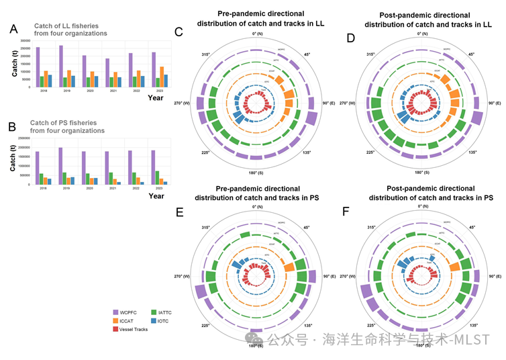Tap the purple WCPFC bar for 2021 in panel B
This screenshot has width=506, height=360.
107,168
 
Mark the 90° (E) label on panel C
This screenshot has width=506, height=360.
328,103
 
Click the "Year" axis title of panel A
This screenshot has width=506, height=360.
156,97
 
